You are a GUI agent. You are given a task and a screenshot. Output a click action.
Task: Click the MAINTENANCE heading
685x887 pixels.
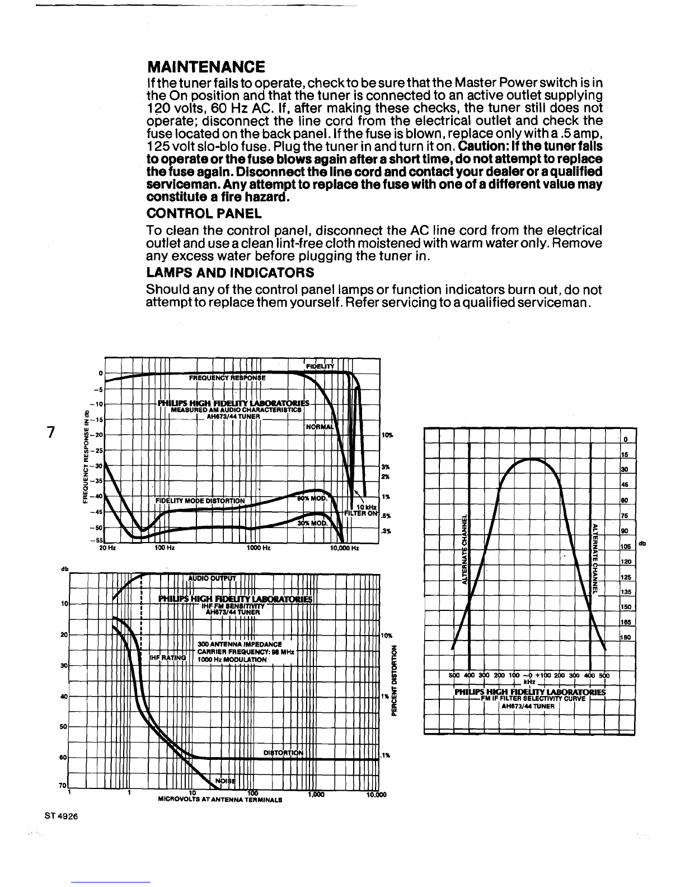tap(205, 67)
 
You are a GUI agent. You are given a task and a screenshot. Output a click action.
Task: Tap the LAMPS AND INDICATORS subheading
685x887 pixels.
tap(229, 273)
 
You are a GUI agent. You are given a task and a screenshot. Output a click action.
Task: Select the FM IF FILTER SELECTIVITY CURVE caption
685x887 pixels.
tap(529, 698)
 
